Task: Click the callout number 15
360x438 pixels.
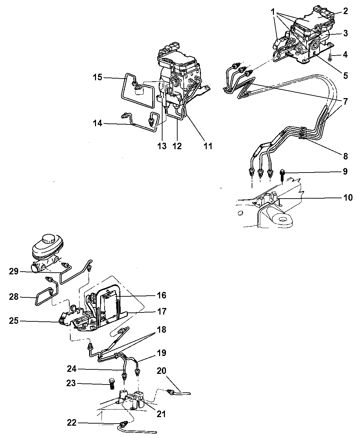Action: tap(98, 77)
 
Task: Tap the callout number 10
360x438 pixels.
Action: tap(348, 198)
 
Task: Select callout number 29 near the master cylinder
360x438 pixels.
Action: tap(14, 271)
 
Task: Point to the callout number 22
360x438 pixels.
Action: tap(72, 423)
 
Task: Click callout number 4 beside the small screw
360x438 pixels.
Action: tap(345, 55)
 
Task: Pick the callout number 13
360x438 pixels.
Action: tap(162, 146)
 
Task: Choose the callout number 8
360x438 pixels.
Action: tap(346, 156)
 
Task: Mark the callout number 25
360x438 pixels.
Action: tap(14, 321)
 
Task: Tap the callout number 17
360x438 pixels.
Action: tap(161, 311)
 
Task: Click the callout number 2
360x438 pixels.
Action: tap(346, 11)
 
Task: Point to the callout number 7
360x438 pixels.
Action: tap(346, 102)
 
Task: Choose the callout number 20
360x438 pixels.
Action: tap(161, 371)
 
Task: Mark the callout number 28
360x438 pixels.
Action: tap(14, 297)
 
